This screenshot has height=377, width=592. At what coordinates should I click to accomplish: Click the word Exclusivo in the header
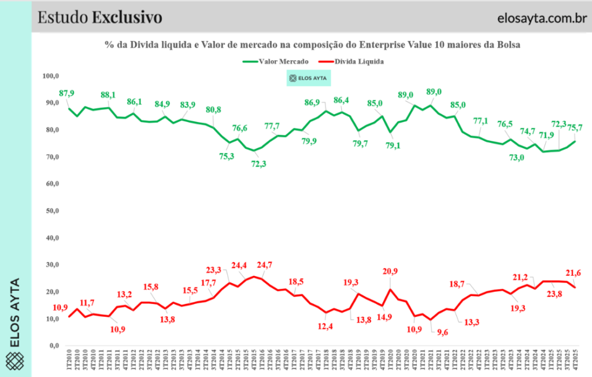[127, 17]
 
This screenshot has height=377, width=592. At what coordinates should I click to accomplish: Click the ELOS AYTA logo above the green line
[312, 78]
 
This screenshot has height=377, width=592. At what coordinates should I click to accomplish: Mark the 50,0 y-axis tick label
[52, 211]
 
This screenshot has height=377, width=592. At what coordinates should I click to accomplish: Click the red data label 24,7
[264, 265]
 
